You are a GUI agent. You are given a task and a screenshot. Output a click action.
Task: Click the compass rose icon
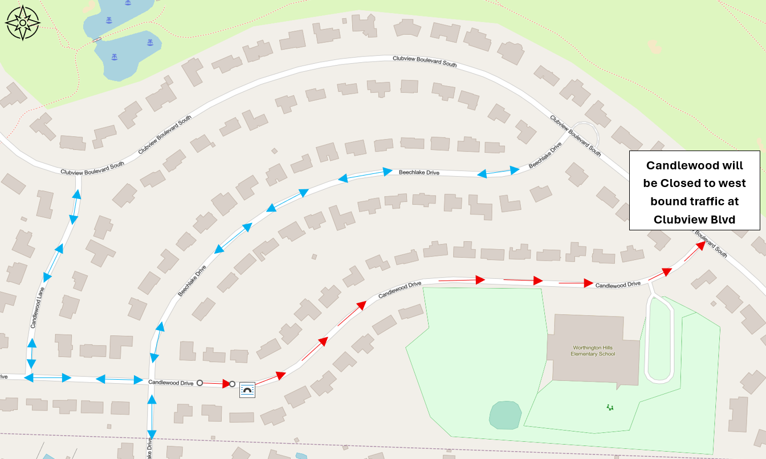click(x=23, y=23)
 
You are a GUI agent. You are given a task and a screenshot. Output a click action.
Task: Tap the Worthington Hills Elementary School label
click(x=593, y=350)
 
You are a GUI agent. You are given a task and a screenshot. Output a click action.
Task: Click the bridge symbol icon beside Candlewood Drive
click(x=247, y=389)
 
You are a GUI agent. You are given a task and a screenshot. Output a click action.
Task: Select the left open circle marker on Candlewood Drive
click(x=199, y=383)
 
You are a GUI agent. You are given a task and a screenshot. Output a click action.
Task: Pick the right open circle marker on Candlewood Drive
click(x=232, y=384)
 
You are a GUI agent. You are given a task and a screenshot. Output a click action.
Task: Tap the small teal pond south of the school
click(x=505, y=415)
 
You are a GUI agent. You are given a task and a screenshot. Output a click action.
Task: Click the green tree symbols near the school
click(x=610, y=407)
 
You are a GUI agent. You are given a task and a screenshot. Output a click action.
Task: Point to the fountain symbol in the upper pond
click(x=108, y=21)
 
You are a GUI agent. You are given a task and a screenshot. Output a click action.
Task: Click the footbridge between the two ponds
click(x=98, y=39)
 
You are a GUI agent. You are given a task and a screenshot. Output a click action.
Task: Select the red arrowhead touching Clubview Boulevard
click(x=700, y=246)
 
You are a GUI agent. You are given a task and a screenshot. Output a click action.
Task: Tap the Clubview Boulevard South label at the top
click(x=425, y=62)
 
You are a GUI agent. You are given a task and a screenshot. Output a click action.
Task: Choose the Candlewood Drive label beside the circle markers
click(x=170, y=383)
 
